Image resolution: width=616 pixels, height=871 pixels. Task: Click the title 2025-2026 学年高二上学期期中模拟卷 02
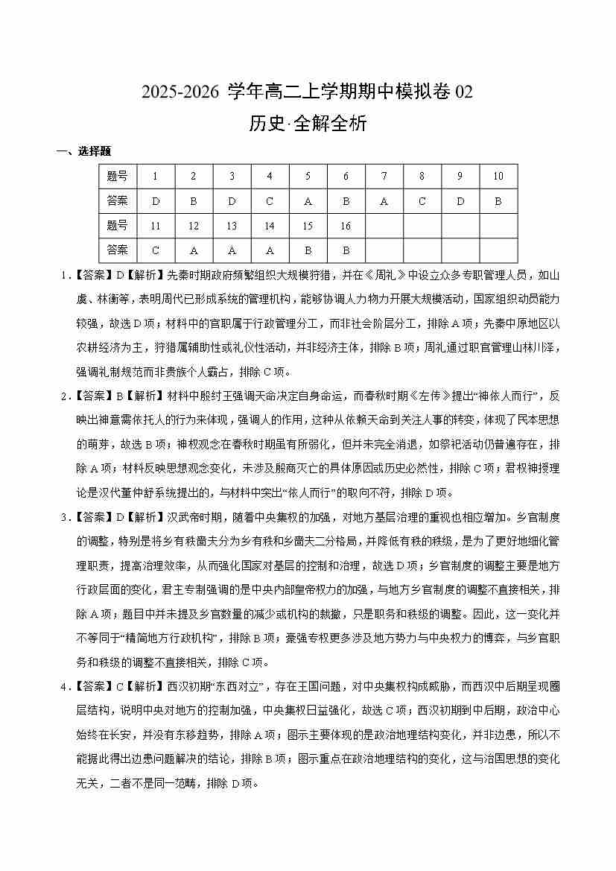point(308,92)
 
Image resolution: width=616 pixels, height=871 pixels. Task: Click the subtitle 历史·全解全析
point(308,124)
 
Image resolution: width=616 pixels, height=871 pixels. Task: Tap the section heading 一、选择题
point(83,151)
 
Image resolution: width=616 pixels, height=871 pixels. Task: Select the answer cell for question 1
point(155,200)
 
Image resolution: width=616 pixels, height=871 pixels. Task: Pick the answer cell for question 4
point(270,200)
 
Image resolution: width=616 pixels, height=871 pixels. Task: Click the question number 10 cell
point(498,177)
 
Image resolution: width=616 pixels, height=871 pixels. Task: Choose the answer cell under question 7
point(384,200)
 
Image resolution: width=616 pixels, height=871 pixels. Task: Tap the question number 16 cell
point(346,225)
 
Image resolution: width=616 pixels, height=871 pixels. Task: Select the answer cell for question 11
point(155,250)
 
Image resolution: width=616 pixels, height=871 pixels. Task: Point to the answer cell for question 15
point(308,250)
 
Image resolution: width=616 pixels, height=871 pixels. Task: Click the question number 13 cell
point(232,225)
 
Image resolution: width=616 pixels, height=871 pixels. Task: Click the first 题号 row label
point(118,177)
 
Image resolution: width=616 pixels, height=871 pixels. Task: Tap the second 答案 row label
point(118,250)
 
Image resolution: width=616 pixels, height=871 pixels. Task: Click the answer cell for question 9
point(460,200)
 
